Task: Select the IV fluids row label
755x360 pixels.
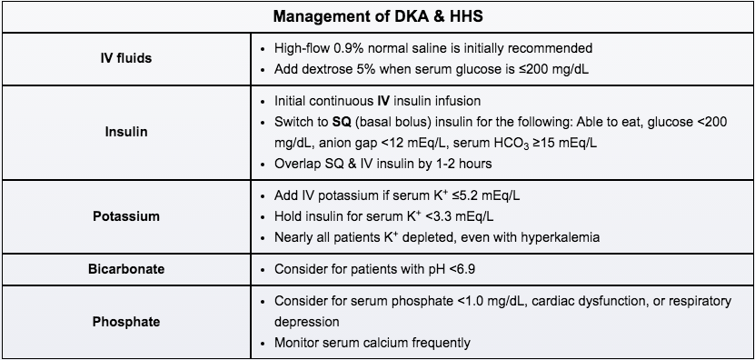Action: (x=125, y=57)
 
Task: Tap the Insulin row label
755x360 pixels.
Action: (x=125, y=131)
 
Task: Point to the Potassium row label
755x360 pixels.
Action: (x=125, y=216)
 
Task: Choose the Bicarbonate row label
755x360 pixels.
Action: (x=125, y=270)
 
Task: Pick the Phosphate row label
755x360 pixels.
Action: (x=125, y=321)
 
